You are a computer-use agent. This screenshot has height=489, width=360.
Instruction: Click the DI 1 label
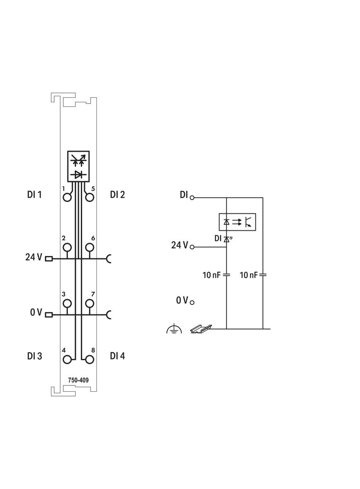pyautogui.click(x=34, y=194)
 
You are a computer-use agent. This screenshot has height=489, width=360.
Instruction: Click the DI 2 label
pyautogui.click(x=118, y=194)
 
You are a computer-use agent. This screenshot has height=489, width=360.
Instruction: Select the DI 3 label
pyautogui.click(x=34, y=356)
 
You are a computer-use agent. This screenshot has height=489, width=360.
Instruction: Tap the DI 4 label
pyautogui.click(x=118, y=356)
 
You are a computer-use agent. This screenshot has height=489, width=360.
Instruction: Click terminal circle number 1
pyautogui.click(x=67, y=197)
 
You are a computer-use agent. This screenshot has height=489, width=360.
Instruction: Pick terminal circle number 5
pyautogui.click(x=90, y=197)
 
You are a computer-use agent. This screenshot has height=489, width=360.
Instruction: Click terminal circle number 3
pyautogui.click(x=67, y=303)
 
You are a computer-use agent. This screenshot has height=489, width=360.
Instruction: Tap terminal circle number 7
pyautogui.click(x=90, y=303)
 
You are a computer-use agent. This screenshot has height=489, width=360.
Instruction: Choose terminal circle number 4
pyautogui.click(x=67, y=359)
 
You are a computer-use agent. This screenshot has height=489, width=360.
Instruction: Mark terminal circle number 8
pyautogui.click(x=90, y=359)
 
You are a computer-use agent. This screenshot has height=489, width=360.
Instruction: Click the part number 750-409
pyautogui.click(x=79, y=380)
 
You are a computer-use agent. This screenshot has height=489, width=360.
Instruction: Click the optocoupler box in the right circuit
pyautogui.click(x=238, y=222)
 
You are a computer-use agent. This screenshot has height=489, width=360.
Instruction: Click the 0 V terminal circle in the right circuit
pyautogui.click(x=192, y=302)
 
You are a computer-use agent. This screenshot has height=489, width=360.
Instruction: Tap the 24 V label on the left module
pyautogui.click(x=34, y=257)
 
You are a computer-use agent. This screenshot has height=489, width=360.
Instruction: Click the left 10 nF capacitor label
pyautogui.click(x=211, y=275)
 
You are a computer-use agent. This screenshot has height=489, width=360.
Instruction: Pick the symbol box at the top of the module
pyautogui.click(x=79, y=166)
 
